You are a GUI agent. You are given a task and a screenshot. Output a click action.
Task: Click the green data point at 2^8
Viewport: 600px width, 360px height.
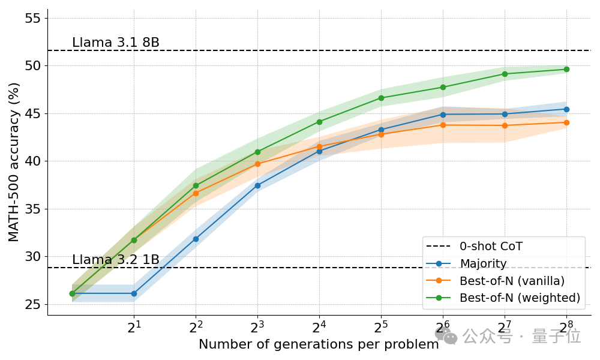point(566,70)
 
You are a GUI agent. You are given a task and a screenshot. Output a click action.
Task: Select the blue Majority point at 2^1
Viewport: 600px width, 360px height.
point(134,293)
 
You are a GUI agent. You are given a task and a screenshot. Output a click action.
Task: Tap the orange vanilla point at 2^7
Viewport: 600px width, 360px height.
point(505,125)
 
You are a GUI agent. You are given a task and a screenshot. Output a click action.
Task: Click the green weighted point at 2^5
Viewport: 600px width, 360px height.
point(381,98)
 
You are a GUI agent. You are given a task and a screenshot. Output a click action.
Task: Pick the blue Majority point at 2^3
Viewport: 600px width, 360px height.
point(257,185)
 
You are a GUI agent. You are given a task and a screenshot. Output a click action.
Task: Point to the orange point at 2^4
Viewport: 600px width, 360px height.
point(319,146)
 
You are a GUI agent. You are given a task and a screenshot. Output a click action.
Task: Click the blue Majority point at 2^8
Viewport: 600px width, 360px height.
point(566,109)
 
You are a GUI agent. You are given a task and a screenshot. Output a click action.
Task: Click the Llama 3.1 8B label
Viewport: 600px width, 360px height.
point(116,43)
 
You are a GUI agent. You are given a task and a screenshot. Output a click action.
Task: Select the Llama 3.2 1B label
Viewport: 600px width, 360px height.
point(116,260)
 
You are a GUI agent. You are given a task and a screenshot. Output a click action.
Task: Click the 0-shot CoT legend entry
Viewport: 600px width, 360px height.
point(491,246)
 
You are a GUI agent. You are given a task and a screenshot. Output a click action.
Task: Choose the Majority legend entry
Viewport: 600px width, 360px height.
point(483,263)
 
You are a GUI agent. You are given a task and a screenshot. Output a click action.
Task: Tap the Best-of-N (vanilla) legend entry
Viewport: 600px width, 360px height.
point(512,280)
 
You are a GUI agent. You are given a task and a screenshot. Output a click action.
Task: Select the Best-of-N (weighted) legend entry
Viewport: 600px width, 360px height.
point(520,298)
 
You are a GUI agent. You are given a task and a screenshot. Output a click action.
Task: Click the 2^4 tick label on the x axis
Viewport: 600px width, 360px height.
point(319,328)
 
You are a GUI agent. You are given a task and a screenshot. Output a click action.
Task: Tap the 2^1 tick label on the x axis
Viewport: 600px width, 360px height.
point(134,328)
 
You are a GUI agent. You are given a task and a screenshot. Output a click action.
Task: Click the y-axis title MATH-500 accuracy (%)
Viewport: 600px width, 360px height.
point(14,161)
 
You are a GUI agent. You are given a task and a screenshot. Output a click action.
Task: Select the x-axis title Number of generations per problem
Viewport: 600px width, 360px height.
point(319,345)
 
